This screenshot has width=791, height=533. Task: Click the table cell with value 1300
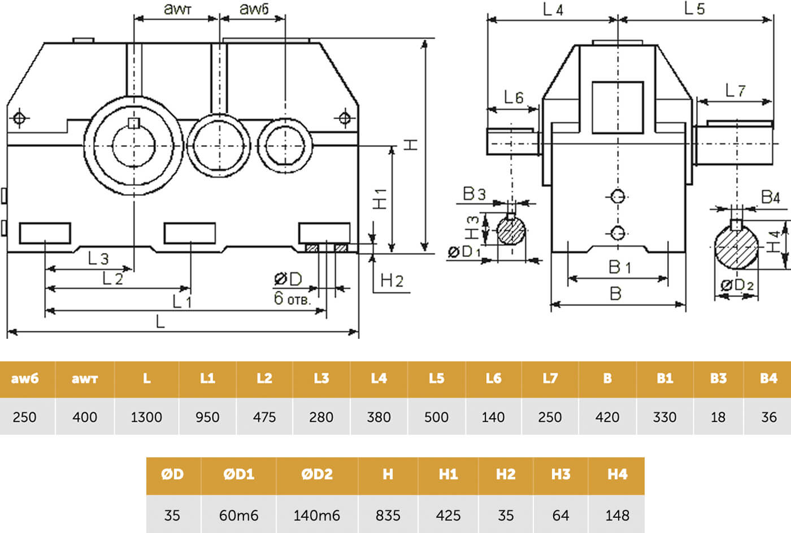[x=146, y=417]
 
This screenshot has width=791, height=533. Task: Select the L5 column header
[x=436, y=379]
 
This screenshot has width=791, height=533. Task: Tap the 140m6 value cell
[x=317, y=515]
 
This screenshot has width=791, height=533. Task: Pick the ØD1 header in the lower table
[x=238, y=474]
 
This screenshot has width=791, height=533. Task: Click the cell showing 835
[x=388, y=515]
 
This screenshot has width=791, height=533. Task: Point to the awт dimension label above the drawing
[x=177, y=9]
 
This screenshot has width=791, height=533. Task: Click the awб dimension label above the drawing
[x=254, y=9]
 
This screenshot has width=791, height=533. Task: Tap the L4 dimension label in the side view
[x=553, y=10]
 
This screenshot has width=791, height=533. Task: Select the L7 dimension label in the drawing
[x=735, y=90]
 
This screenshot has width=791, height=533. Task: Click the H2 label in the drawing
[x=392, y=281]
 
